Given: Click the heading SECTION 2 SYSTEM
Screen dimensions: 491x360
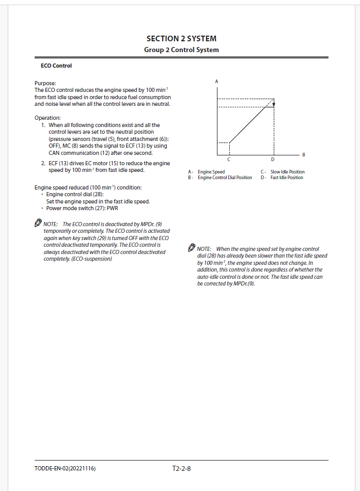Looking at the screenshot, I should coord(181,39).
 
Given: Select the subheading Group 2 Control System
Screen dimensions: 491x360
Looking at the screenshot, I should coord(181,50).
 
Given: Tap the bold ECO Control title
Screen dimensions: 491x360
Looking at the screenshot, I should coord(56,66).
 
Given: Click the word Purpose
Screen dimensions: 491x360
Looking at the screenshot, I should coord(45,83).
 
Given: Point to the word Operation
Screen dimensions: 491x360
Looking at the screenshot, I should coord(48,118).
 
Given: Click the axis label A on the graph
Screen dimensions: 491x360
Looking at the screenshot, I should coord(216,82).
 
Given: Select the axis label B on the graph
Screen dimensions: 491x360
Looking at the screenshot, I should coord(304,154).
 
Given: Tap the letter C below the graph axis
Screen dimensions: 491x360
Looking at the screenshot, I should coord(229,159).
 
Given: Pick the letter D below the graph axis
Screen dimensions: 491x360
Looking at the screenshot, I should coord(273,159).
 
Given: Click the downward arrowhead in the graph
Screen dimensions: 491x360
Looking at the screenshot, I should coord(274,103).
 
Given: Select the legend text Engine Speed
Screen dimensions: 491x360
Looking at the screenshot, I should coord(211,172).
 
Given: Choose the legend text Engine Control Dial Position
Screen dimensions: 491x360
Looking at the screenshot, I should coord(225,178).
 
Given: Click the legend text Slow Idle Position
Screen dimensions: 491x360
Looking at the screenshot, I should coord(287,172).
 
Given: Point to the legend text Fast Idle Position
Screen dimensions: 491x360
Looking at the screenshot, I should coord(287,178).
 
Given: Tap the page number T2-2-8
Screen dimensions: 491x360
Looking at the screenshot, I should coord(182,469).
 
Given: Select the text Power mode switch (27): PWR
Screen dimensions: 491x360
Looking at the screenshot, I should coord(82,209).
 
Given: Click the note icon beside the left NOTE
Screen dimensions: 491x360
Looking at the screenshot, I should coord(38,223).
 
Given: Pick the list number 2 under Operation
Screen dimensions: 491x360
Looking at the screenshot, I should coord(43,163).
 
